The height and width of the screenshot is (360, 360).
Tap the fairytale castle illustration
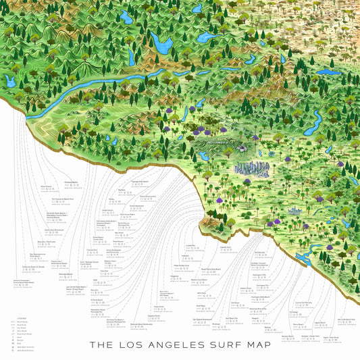pyautogui.click(x=295, y=211)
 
